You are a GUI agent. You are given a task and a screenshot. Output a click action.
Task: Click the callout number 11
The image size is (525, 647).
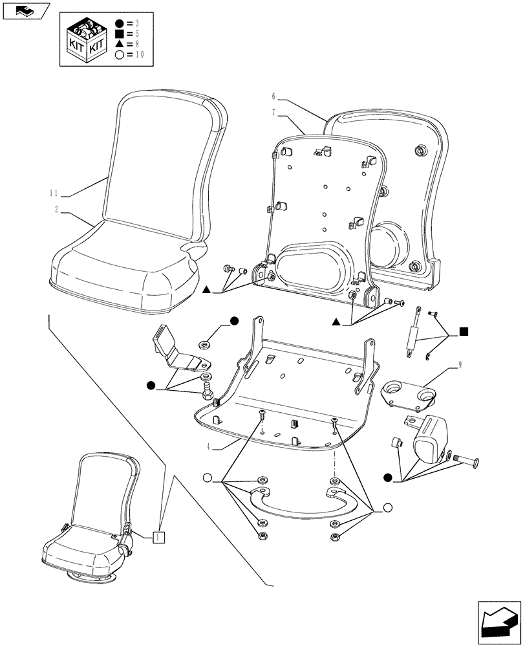point(54,193)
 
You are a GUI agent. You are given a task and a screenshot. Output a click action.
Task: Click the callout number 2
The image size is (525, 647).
point(57,210)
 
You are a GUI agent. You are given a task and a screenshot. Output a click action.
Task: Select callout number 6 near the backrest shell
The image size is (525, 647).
point(273,96)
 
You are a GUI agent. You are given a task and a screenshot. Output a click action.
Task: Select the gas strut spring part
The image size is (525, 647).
point(412,331)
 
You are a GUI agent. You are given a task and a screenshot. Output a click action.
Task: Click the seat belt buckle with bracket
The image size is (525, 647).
point(175,353)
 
